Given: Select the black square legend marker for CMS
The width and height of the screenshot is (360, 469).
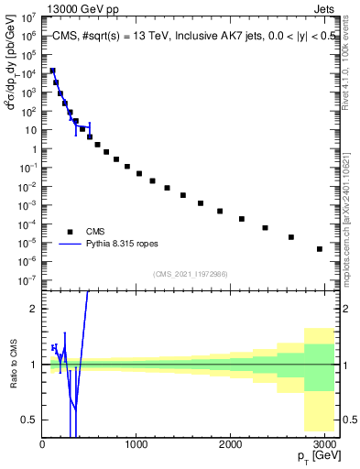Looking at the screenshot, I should [71, 232].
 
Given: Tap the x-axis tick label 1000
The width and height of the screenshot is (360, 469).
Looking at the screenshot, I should [136, 444].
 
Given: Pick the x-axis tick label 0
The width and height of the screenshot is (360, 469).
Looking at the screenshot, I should [42, 444].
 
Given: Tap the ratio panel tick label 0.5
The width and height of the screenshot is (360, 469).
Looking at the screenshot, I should [29, 420].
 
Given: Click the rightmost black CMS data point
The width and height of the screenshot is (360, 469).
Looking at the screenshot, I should [319, 249].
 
